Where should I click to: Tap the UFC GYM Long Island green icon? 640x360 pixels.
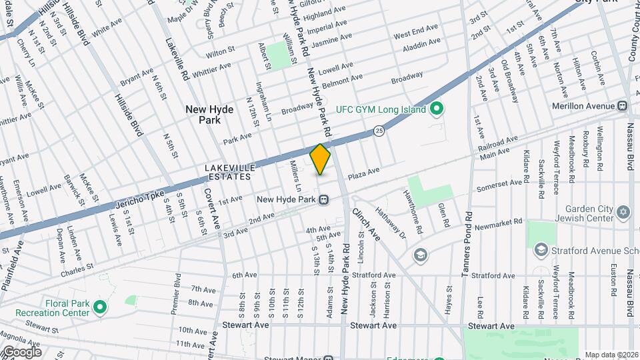point(437,108)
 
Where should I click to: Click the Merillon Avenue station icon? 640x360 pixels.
point(622,106)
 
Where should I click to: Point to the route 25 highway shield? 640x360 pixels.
point(379,129)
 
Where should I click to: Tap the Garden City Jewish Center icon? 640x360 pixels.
point(623,212)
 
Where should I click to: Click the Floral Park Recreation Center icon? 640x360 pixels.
point(100,307)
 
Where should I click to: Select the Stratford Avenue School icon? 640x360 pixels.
point(541,249)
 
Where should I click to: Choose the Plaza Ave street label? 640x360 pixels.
point(364,172)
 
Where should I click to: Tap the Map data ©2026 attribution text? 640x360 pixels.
point(611,355)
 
